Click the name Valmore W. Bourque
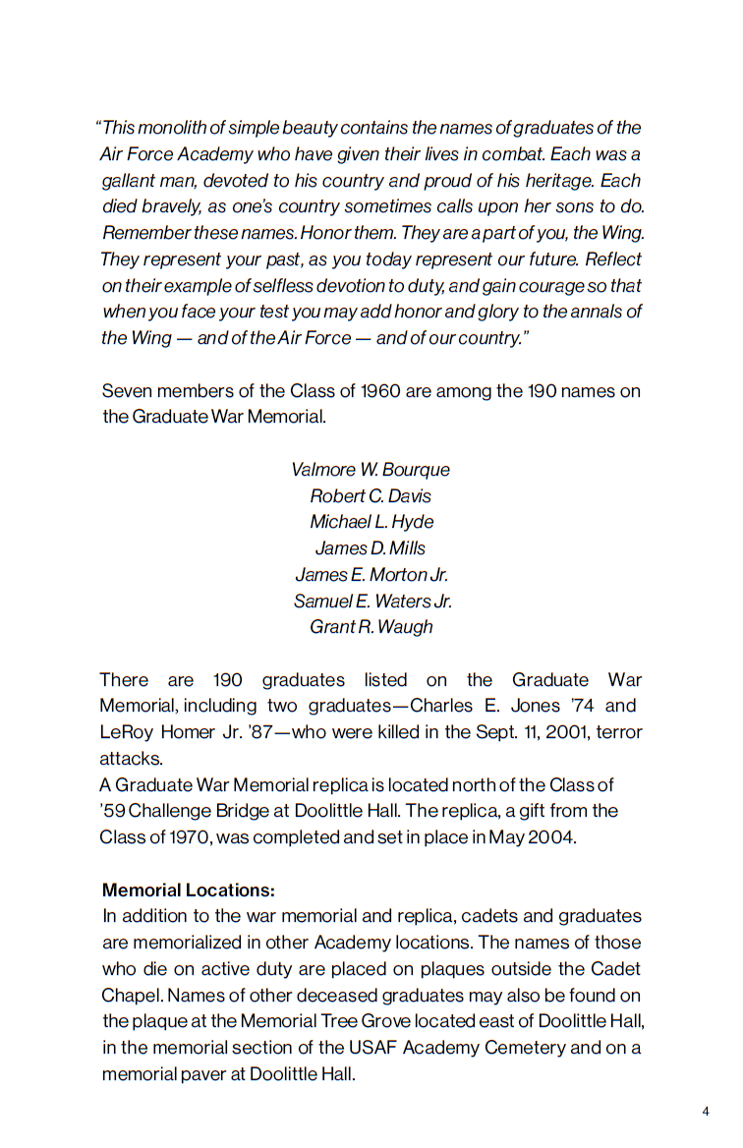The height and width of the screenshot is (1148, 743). pyautogui.click(x=371, y=470)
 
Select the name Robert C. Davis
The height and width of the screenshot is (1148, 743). pyautogui.click(x=371, y=496)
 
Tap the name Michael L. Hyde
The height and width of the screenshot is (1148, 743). pyautogui.click(x=371, y=522)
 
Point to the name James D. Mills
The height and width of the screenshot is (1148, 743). pyautogui.click(x=371, y=548)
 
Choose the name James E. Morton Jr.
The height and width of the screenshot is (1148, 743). pyautogui.click(x=371, y=575)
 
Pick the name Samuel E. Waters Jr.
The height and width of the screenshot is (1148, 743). pyautogui.click(x=372, y=601)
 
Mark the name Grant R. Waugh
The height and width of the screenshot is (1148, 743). pyautogui.click(x=371, y=627)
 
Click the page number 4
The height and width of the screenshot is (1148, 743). pyautogui.click(x=706, y=1112)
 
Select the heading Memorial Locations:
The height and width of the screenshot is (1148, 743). pyautogui.click(x=189, y=890)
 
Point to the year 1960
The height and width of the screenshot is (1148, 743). pyautogui.click(x=380, y=391)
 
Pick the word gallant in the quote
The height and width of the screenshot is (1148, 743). pyautogui.click(x=129, y=181)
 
